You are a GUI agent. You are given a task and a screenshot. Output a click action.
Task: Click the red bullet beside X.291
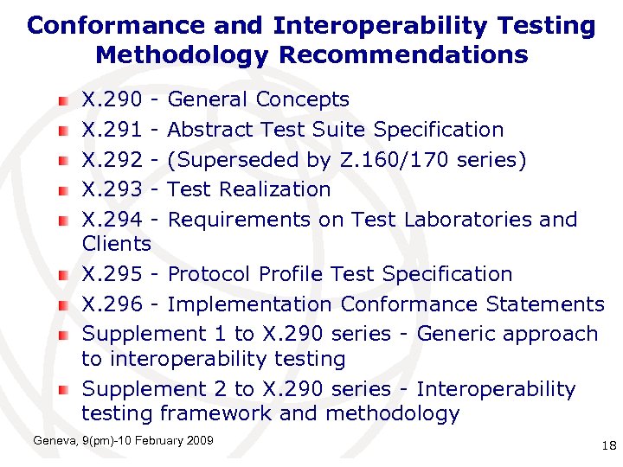[64, 131]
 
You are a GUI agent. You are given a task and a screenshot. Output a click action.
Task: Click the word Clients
[116, 244]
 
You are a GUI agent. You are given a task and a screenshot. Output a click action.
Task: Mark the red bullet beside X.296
[64, 305]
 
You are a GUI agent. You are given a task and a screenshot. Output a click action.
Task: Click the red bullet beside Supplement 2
[64, 391]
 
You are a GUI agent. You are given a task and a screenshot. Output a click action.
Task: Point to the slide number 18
[607, 446]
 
